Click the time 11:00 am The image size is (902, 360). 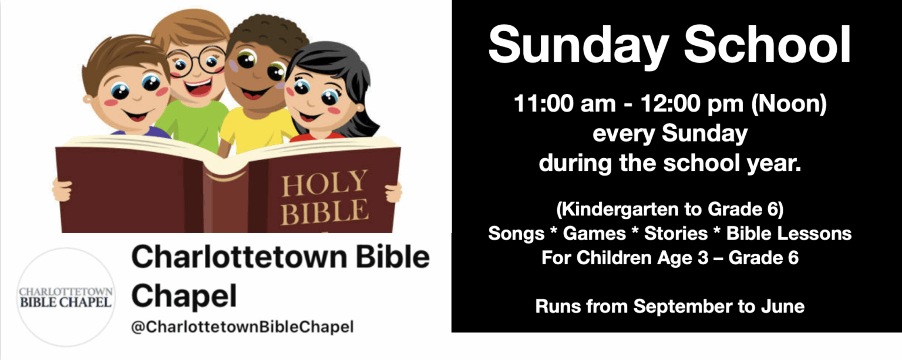pyautogui.click(x=564, y=104)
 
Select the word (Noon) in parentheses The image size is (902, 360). pyautogui.click(x=789, y=105)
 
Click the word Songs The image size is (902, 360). pyautogui.click(x=516, y=234)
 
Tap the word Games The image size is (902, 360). pyautogui.click(x=594, y=234)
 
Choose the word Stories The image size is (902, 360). pyautogui.click(x=676, y=234)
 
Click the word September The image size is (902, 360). pyautogui.click(x=683, y=307)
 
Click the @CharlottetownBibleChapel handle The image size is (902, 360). pyautogui.click(x=243, y=327)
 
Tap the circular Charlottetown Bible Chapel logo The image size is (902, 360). pyautogui.click(x=66, y=297)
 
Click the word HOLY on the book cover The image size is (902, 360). pyautogui.click(x=325, y=183)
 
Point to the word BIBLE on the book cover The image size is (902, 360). pyautogui.click(x=325, y=211)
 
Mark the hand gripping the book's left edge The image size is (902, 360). pyautogui.click(x=62, y=190)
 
